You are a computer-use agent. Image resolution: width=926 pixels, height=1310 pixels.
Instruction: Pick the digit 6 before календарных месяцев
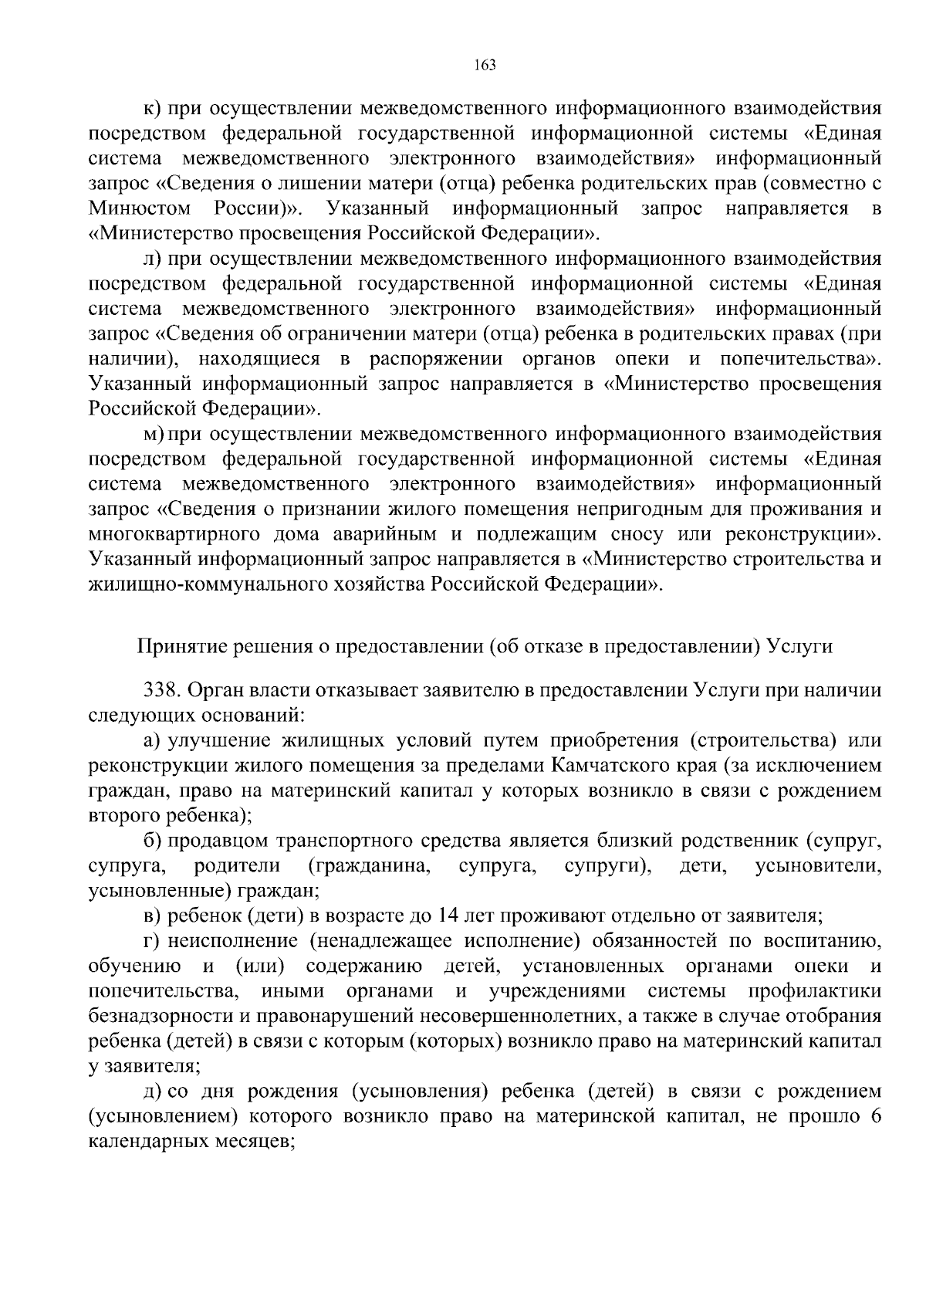[x=876, y=1116]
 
